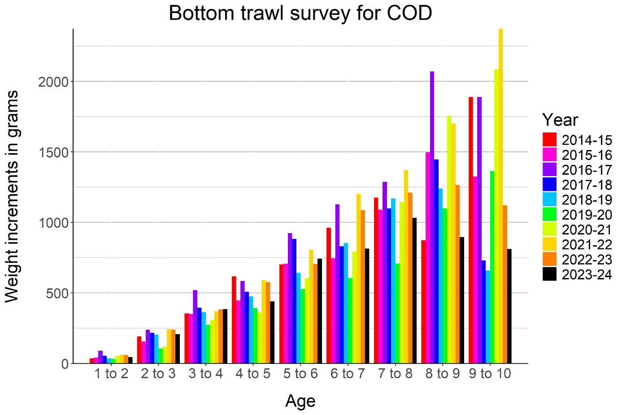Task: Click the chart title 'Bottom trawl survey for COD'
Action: click(x=300, y=13)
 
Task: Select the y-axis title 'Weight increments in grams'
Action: click(x=12, y=196)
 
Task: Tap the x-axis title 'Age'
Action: click(x=300, y=401)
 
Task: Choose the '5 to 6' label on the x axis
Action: click(x=300, y=374)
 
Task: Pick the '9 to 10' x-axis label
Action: click(x=490, y=374)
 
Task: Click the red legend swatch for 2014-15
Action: click(x=549, y=140)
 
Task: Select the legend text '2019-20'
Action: click(x=587, y=215)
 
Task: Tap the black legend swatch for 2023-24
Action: click(x=549, y=274)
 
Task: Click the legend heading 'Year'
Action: click(x=560, y=120)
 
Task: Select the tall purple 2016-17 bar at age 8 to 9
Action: click(x=432, y=217)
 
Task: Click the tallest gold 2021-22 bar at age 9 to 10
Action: click(x=500, y=196)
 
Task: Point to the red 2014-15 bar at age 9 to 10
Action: click(x=471, y=230)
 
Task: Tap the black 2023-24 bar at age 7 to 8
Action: click(x=415, y=291)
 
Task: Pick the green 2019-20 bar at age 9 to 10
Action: click(x=492, y=267)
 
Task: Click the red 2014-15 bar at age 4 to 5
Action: click(x=234, y=320)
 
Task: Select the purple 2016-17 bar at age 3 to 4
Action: click(x=195, y=327)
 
